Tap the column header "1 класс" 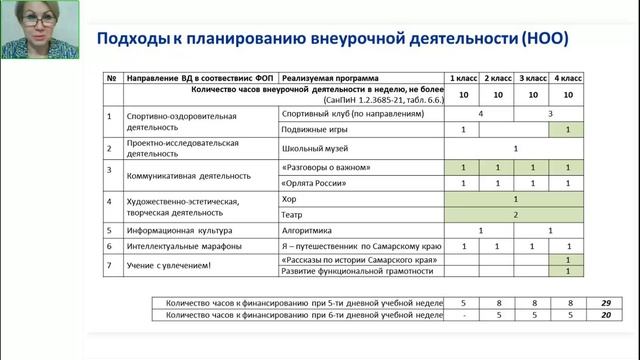click(x=464, y=77)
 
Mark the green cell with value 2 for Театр click(x=515, y=214)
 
